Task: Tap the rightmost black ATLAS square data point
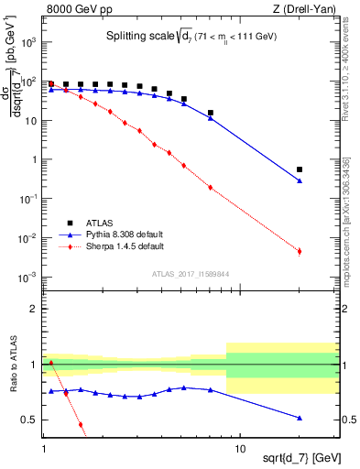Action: [x=300, y=169]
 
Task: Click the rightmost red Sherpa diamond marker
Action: [x=300, y=250]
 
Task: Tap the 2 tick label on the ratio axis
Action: [x=35, y=309]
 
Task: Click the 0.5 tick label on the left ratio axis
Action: [x=29, y=420]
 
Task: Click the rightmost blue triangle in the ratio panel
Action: [x=300, y=418]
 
